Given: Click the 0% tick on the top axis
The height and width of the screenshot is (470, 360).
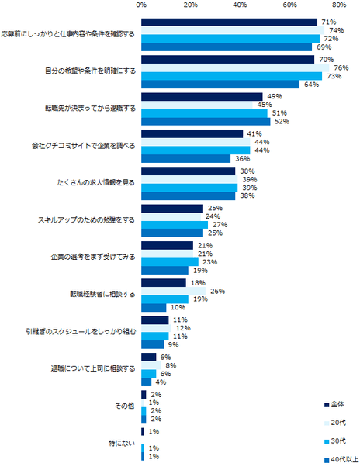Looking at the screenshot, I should click(141, 5).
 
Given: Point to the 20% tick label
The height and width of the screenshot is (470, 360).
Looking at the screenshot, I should click(191, 5).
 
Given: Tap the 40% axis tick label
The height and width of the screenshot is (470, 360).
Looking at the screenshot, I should click(241, 5).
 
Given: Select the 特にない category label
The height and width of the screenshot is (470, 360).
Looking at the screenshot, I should click(124, 443).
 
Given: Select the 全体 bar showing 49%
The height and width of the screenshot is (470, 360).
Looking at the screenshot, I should click(202, 96).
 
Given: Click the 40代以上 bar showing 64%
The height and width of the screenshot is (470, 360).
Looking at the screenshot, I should click(220, 84).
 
